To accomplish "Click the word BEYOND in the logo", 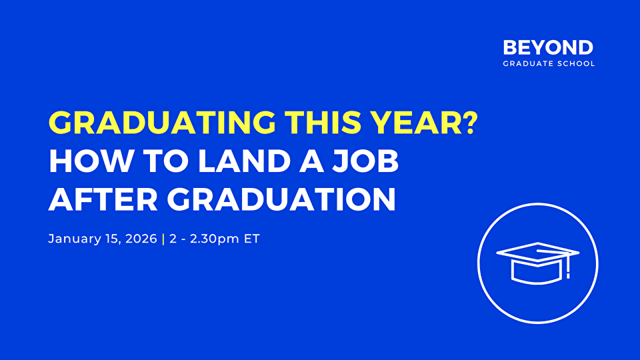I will coord(548,48).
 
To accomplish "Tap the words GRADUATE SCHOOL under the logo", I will coord(548,64).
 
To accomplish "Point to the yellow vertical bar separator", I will coord(163,239).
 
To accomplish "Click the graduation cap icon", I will coord(538,263).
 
